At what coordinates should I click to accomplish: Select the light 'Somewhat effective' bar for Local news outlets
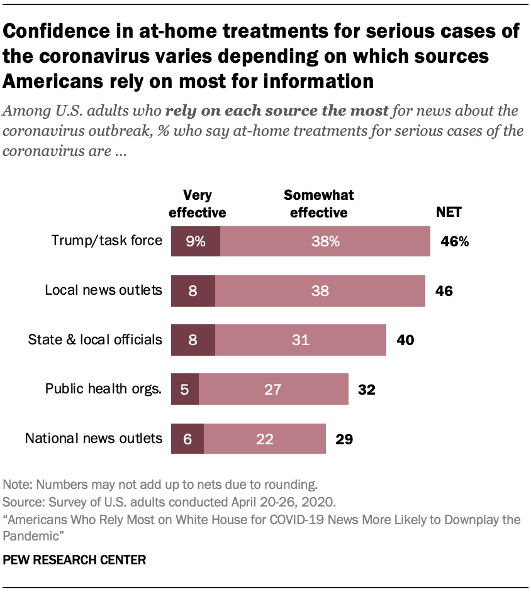pyautogui.click(x=320, y=291)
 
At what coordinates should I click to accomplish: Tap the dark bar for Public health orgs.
pyautogui.click(x=185, y=390)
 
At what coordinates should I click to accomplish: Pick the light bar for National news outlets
pyautogui.click(x=264, y=439)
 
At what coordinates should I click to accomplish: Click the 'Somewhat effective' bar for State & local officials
pyautogui.click(x=300, y=340)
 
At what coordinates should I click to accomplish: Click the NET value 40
pyautogui.click(x=405, y=340)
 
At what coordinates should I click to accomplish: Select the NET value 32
pyautogui.click(x=366, y=390)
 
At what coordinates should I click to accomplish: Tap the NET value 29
pyautogui.click(x=344, y=439)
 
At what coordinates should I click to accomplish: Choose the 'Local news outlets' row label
pyautogui.click(x=103, y=290)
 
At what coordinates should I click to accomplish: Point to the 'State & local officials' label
pyautogui.click(x=95, y=340)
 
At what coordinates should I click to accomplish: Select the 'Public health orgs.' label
pyautogui.click(x=103, y=389)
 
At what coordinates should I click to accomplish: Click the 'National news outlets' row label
pyautogui.click(x=94, y=438)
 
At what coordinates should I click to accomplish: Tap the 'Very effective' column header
pyautogui.click(x=196, y=204)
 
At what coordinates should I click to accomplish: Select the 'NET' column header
pyautogui.click(x=449, y=212)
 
